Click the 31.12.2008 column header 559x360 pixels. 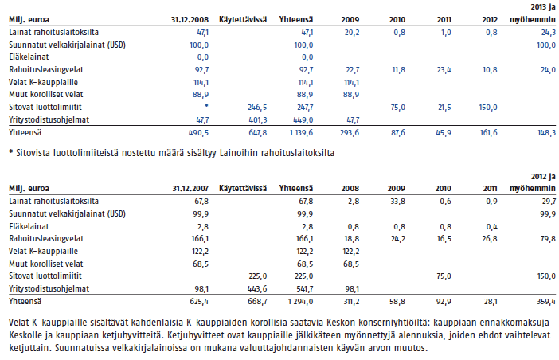tap(190, 20)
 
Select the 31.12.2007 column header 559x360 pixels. tap(190, 189)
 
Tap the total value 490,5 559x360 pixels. tap(198, 133)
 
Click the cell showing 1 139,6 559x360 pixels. tap(300, 133)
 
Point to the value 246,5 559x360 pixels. tap(257, 108)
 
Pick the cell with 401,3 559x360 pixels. tap(258, 120)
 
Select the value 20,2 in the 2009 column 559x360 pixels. tap(352, 33)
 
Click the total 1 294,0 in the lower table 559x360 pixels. tap(300, 302)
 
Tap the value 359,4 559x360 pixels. tap(546, 302)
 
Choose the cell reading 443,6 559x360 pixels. tap(257, 289)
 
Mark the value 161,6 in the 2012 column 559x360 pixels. tap(488, 133)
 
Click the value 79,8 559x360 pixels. tap(549, 238)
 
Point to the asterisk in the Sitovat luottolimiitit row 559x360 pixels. tap(206, 105)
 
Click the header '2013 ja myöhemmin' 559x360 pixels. tap(533, 14)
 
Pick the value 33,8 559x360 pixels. tap(397, 202)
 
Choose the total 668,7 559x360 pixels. tap(257, 302)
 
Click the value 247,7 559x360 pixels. tap(303, 108)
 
